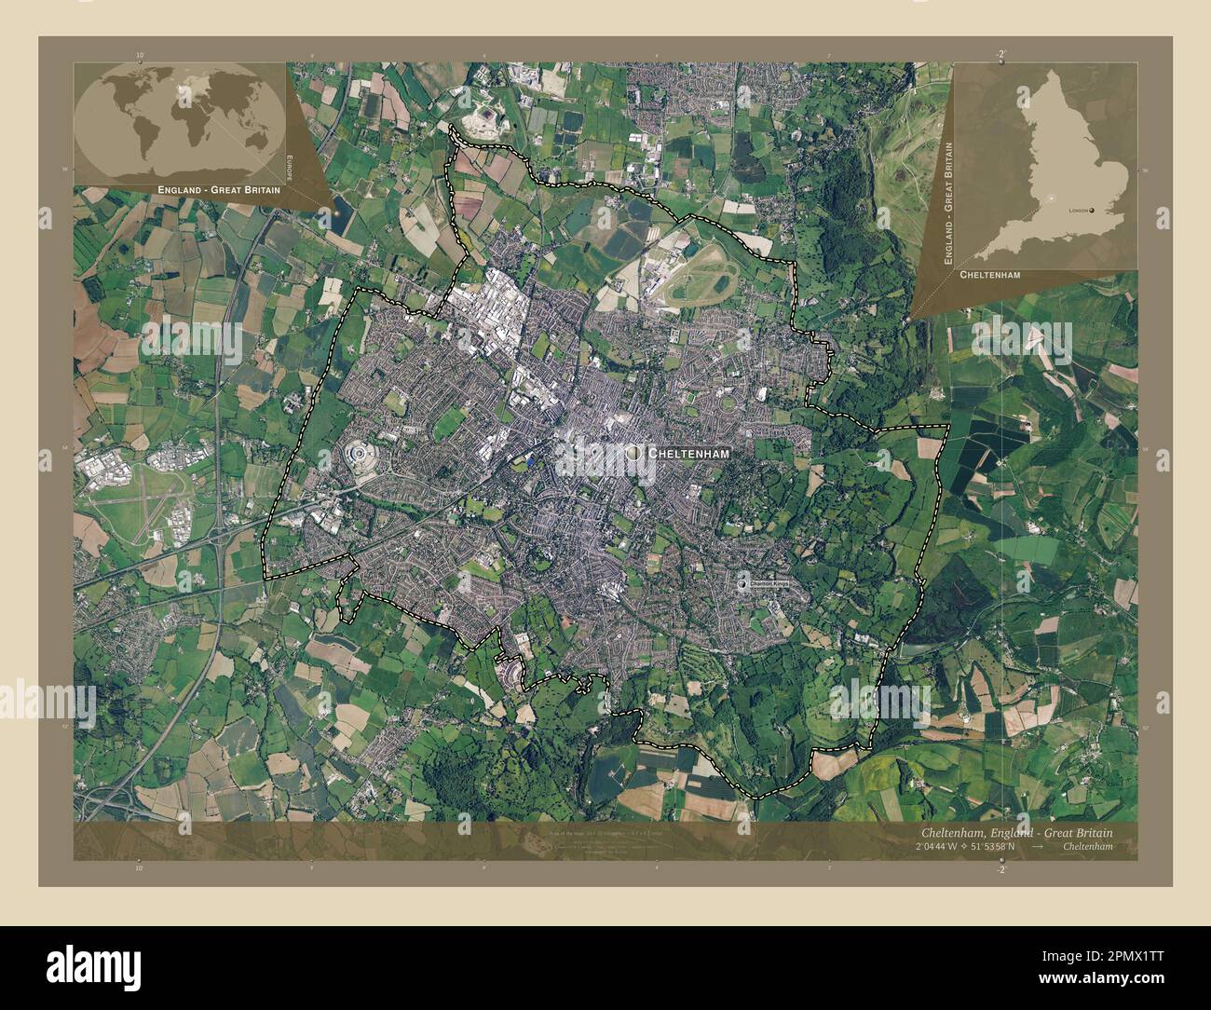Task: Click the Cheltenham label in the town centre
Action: pos(687,452)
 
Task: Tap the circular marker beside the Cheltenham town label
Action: pos(634,451)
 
